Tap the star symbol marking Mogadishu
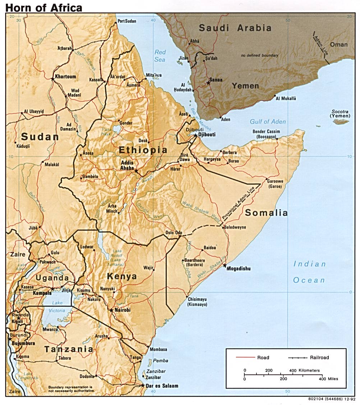(x=225, y=266)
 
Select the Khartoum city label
(x=66, y=77)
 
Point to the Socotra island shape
(x=341, y=122)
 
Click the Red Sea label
(x=160, y=56)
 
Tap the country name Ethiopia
(x=143, y=150)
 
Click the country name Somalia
(x=266, y=213)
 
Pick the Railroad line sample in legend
(x=298, y=358)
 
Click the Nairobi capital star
(x=111, y=310)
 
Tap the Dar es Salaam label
(x=162, y=386)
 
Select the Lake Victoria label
(x=57, y=307)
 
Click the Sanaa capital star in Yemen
(x=208, y=83)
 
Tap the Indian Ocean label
(x=309, y=272)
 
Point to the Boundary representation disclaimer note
(x=71, y=389)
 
